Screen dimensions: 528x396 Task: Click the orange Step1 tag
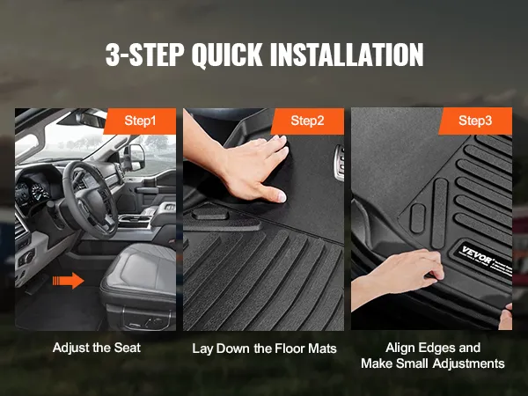click(140, 121)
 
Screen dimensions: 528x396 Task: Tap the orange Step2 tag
click(308, 121)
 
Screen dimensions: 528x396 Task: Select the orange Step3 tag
click(475, 121)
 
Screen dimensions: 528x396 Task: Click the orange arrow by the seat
click(69, 281)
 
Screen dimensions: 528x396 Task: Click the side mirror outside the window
click(136, 157)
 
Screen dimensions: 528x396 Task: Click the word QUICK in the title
click(227, 55)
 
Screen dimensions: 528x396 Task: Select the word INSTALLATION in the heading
click(347, 55)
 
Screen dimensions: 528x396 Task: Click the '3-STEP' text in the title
click(145, 55)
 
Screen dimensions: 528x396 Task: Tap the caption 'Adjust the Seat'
click(97, 348)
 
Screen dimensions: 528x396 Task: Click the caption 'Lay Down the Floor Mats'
click(264, 348)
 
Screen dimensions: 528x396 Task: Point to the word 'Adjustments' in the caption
click(469, 363)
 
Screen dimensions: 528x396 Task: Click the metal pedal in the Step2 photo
click(340, 163)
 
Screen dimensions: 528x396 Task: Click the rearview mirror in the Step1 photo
click(91, 119)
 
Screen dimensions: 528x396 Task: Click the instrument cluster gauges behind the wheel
click(33, 193)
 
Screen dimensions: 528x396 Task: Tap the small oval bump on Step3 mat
click(418, 218)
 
